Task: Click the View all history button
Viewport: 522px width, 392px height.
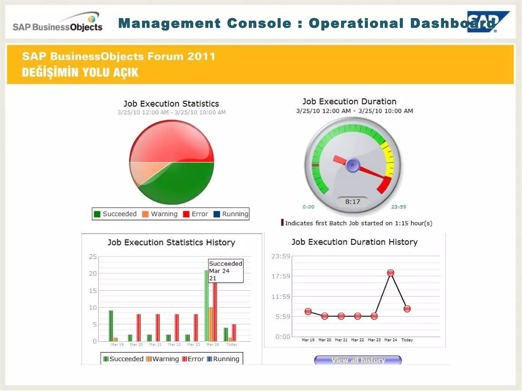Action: [x=358, y=360]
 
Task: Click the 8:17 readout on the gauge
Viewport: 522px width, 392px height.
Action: [x=353, y=202]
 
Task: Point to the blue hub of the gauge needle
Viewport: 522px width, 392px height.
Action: [x=353, y=165]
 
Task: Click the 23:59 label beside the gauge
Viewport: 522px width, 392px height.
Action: [x=398, y=207]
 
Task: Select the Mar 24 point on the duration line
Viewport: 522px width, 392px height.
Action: [x=390, y=273]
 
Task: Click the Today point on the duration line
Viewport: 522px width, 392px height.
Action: [x=407, y=309]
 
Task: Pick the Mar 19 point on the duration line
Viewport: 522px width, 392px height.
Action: [x=308, y=311]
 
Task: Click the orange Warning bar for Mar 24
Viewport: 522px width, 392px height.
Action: [x=211, y=324]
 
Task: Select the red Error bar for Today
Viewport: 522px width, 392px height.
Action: [x=234, y=333]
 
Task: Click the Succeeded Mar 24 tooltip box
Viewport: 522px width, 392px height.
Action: [x=226, y=271]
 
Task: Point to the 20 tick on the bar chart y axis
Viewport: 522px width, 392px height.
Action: [x=93, y=274]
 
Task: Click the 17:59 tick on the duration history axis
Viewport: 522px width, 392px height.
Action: [x=281, y=276]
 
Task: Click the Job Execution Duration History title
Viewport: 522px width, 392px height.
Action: [x=354, y=242]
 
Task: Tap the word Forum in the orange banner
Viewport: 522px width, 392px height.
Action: [x=165, y=56]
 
